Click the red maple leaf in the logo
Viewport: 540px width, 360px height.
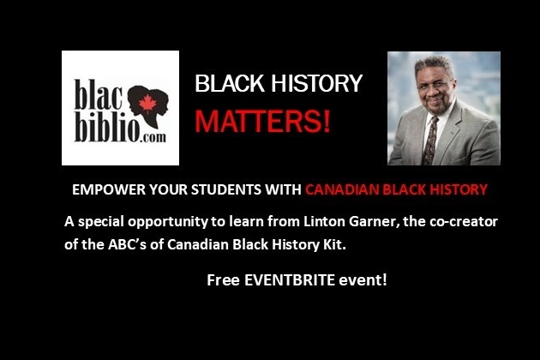click(147, 103)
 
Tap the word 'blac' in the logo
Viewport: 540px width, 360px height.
click(99, 95)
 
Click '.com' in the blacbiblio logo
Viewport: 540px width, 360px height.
click(153, 138)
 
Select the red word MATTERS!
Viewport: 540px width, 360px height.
click(263, 121)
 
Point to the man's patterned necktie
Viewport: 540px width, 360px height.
click(430, 141)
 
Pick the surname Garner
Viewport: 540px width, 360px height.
click(375, 221)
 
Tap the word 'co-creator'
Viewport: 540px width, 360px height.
click(464, 221)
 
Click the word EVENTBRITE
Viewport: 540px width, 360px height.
click(290, 279)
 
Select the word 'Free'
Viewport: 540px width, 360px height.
click(223, 279)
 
